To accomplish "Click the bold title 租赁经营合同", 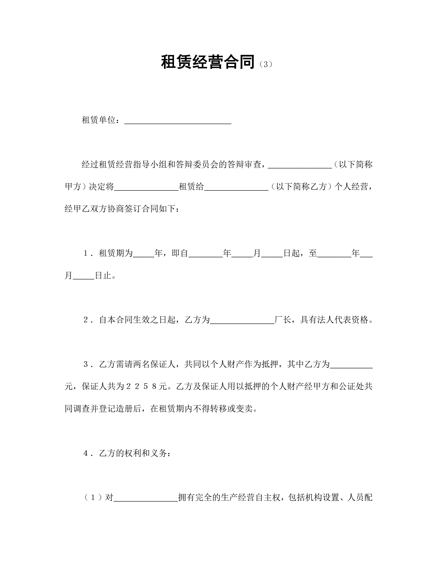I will [x=208, y=62].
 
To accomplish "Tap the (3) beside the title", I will [x=266, y=64].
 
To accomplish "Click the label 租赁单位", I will [x=99, y=120].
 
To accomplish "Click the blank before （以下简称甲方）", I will [x=300, y=165].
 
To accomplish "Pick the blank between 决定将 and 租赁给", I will [x=146, y=187].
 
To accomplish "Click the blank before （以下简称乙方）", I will [x=236, y=187].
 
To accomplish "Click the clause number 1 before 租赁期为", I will [x=86, y=253].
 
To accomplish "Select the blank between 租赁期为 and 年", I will [x=144, y=254].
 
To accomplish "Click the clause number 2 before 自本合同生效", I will [x=86, y=320].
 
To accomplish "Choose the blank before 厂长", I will [x=242, y=321].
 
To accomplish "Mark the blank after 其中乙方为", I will [x=351, y=365].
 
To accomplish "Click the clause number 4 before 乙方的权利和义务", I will [x=86, y=453].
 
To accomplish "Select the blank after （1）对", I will [x=146, y=498].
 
